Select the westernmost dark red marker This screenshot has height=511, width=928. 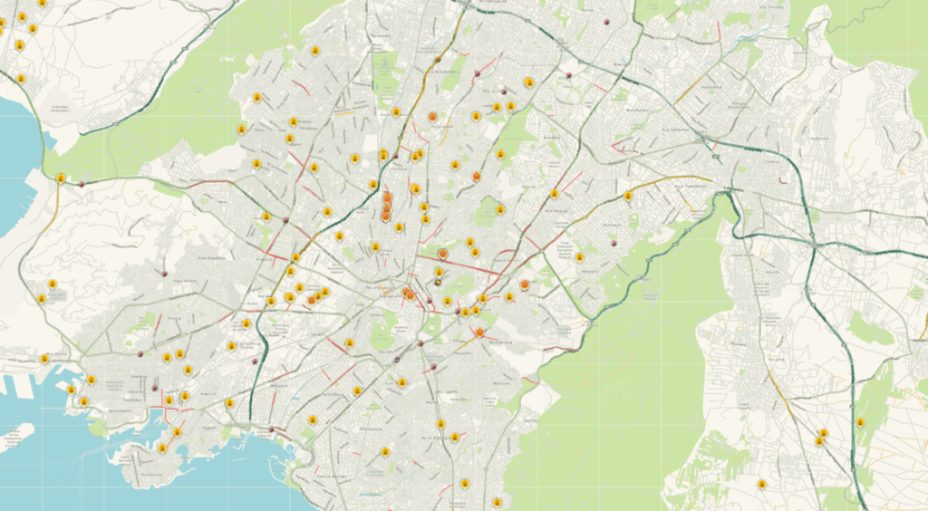pyautogui.click(x=82, y=185)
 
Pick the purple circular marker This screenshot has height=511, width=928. pyautogui.click(x=397, y=360)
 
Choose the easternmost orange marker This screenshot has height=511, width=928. pyautogui.click(x=525, y=284)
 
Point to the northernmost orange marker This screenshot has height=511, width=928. pyautogui.click(x=433, y=117)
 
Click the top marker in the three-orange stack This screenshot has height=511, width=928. pyautogui.click(x=387, y=198)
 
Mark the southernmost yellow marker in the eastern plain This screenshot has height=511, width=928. pyautogui.click(x=762, y=484)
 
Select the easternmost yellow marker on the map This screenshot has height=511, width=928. pyautogui.click(x=860, y=422)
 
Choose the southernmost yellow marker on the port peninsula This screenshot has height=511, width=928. pyautogui.click(x=162, y=448)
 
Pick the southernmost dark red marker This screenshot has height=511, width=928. pyautogui.click(x=271, y=429)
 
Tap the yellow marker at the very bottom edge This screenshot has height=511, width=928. pyautogui.click(x=497, y=501)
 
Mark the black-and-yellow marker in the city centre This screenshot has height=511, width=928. pyautogui.click(x=439, y=282)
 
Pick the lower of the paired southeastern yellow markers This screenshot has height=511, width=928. pyautogui.click(x=819, y=442)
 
